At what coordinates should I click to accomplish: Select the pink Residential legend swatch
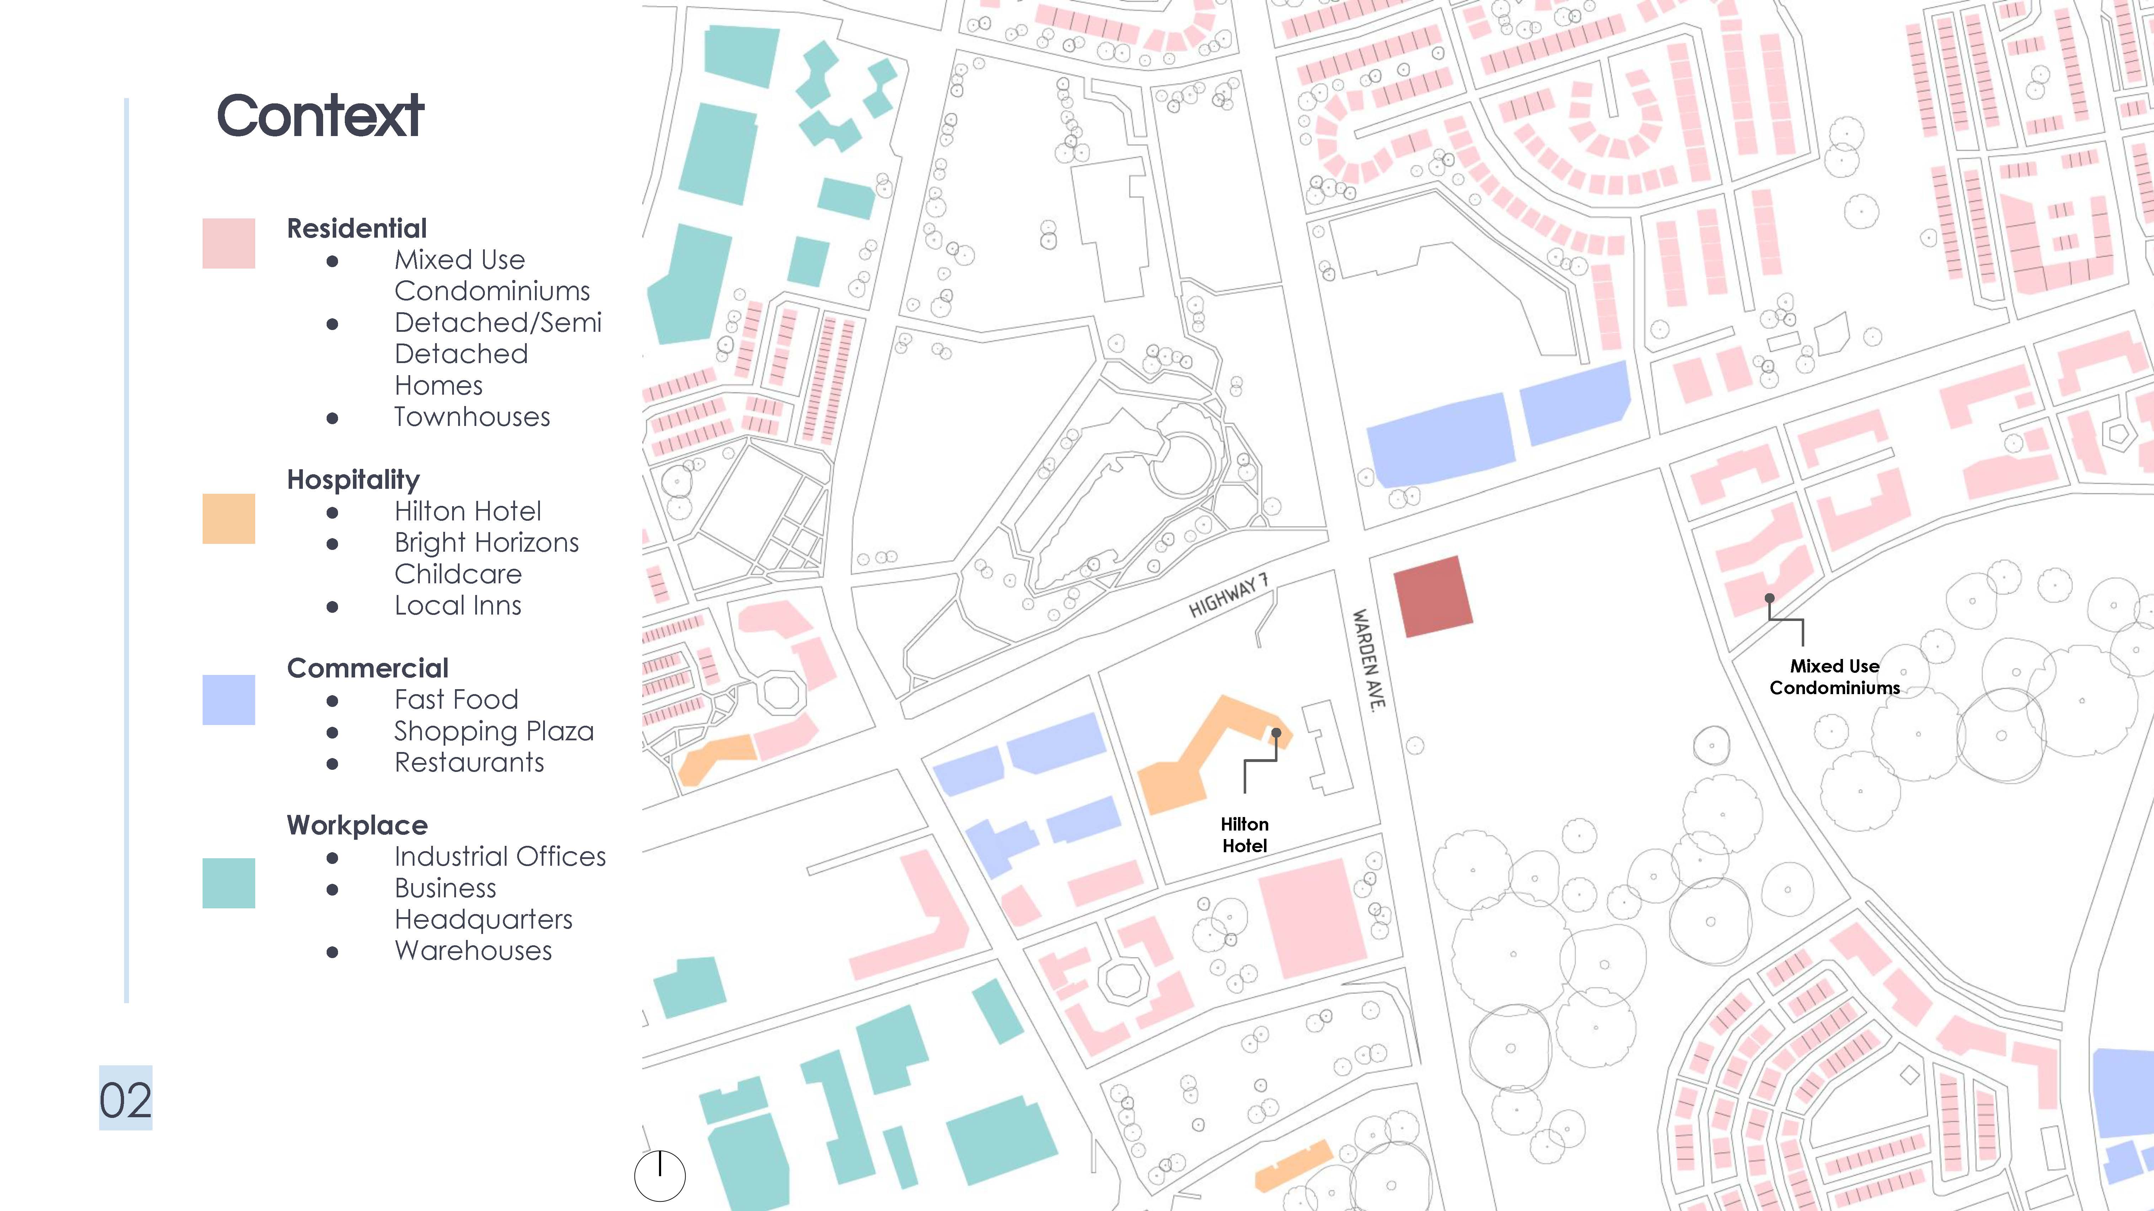point(228,243)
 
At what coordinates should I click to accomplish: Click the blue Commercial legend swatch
point(228,699)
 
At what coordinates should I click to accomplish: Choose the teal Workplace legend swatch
point(228,882)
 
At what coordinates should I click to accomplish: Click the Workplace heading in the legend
point(357,825)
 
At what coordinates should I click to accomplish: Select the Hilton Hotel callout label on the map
point(1244,835)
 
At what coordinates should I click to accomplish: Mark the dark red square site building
point(1432,596)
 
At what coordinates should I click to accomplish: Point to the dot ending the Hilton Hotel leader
point(1276,733)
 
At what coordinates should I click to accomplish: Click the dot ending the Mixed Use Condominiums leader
point(1769,598)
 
